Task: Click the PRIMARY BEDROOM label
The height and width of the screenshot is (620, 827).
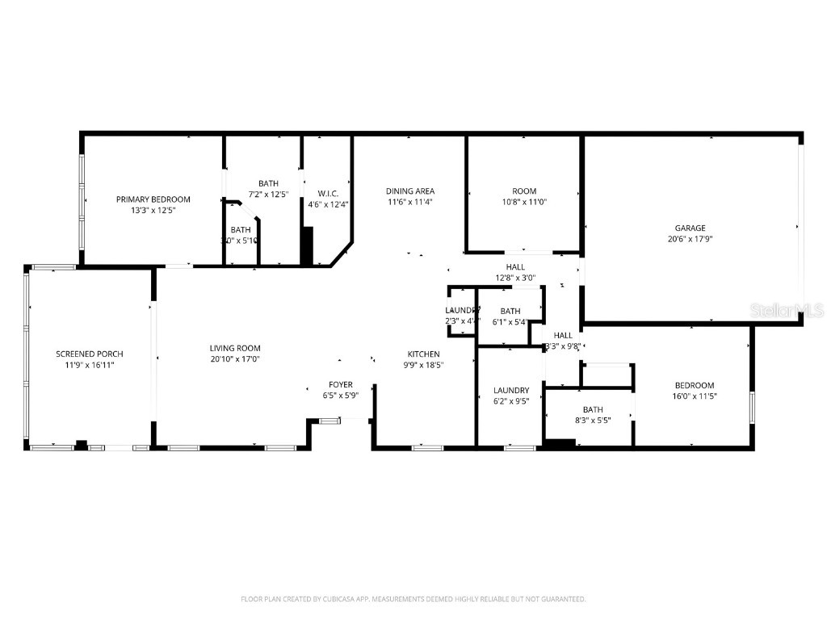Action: point(153,199)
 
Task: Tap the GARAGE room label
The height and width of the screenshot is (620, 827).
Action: point(690,228)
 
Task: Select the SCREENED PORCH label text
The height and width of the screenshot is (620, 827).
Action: point(90,354)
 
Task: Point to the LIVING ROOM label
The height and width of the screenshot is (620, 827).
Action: point(234,348)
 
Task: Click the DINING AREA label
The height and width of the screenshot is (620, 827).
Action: point(409,191)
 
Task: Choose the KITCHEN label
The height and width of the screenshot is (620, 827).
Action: point(423,354)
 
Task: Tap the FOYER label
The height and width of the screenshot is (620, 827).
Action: point(340,384)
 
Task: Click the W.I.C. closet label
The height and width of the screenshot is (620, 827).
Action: point(327,194)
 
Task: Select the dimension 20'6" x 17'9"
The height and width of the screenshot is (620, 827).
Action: point(690,239)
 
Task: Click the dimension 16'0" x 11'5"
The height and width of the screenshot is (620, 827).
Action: point(694,396)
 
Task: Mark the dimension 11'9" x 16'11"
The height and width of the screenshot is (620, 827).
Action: point(90,364)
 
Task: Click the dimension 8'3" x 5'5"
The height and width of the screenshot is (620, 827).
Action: point(592,420)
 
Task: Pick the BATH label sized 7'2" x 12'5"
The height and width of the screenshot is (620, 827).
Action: point(268,183)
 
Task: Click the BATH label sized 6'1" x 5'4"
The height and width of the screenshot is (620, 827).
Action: point(510,311)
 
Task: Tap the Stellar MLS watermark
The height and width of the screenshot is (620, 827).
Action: point(787,309)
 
